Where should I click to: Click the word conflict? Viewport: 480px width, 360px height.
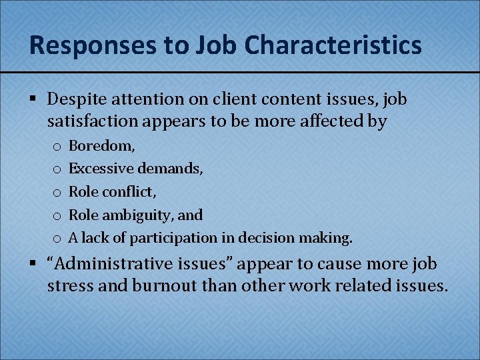pos(131,191)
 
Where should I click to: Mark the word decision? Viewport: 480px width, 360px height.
pos(272,237)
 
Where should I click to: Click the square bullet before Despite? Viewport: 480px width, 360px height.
pos(33,100)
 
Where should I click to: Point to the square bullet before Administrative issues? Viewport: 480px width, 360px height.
pos(33,264)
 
